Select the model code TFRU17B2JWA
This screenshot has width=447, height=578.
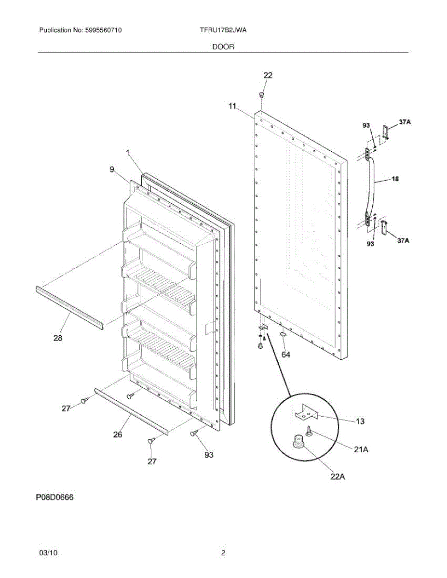223,30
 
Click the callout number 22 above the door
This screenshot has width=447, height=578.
268,75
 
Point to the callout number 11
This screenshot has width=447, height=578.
232,107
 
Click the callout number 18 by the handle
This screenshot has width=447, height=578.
394,179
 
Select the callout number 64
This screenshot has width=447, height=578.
285,355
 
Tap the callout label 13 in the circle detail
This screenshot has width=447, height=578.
360,421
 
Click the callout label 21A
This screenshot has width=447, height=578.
361,449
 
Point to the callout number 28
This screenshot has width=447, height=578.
58,338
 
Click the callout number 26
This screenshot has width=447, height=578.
118,434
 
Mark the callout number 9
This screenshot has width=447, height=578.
112,169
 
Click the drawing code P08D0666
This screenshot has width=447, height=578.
54,498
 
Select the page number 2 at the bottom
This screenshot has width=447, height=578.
223,553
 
